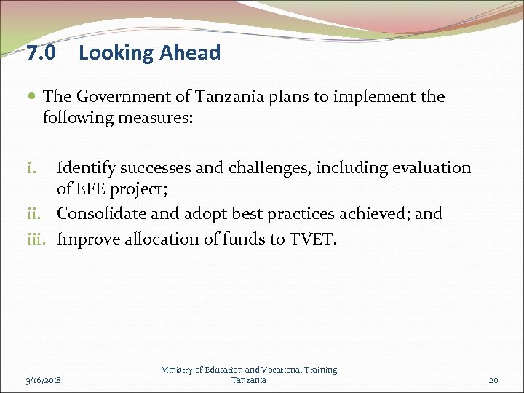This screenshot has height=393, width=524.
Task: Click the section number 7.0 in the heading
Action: pyautogui.click(x=39, y=53)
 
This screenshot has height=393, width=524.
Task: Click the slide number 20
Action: pyautogui.click(x=494, y=380)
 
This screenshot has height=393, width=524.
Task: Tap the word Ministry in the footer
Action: pyautogui.click(x=178, y=370)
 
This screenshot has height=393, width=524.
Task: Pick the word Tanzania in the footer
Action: pyautogui.click(x=249, y=380)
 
